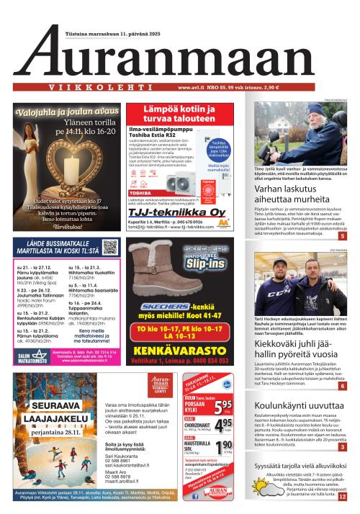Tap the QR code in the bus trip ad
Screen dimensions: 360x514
[x=109, y=248]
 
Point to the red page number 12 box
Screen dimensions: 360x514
[x=341, y=496]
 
